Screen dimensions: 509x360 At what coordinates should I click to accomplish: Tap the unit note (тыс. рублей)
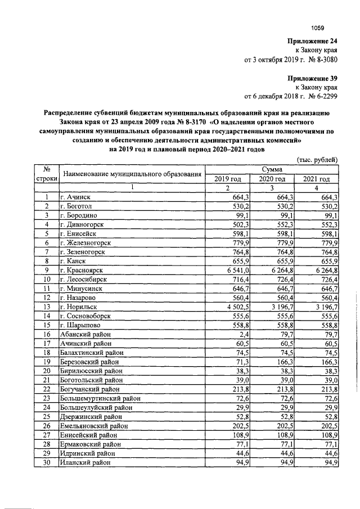(317, 159)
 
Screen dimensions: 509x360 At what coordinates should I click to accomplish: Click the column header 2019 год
(228, 178)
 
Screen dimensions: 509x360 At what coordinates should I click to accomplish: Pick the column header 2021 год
(317, 178)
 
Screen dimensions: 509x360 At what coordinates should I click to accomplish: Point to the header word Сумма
(272, 169)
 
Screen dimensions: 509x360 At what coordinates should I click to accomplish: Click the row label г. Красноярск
(84, 269)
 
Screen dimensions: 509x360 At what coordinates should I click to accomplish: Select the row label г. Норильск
(81, 307)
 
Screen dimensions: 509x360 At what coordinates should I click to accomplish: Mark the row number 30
(48, 462)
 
